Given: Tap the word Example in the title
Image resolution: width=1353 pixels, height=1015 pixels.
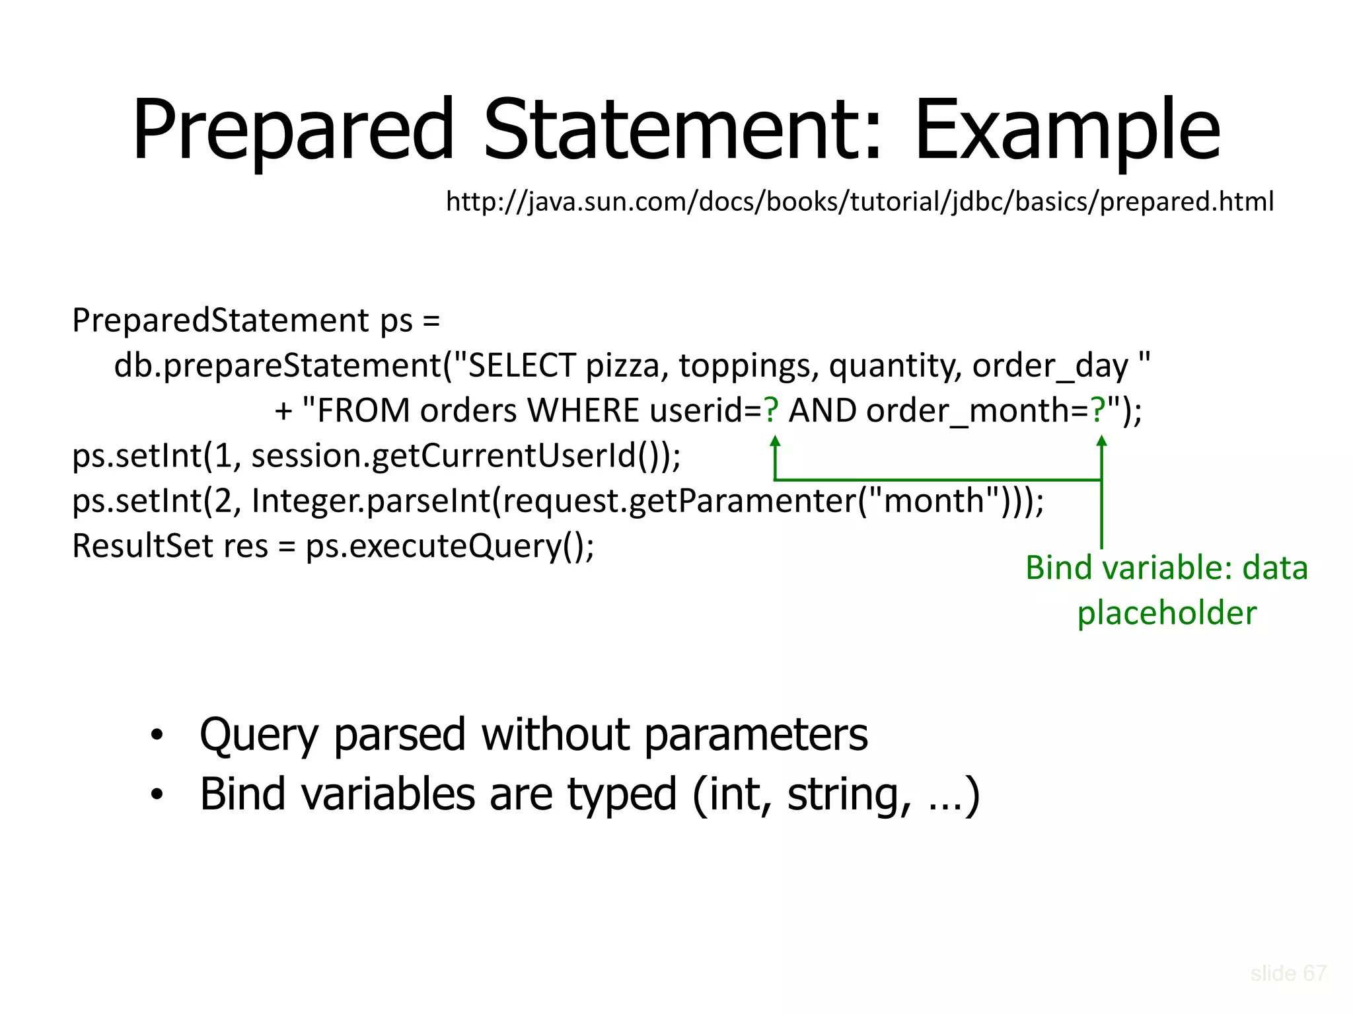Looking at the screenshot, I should pyautogui.click(x=1067, y=130).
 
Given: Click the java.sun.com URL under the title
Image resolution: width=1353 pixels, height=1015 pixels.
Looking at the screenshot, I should pyautogui.click(x=859, y=201).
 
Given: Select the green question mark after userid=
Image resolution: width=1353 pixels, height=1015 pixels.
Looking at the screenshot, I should pyautogui.click(x=771, y=410).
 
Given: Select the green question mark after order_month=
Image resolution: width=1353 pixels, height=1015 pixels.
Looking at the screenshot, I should pyautogui.click(x=1098, y=410).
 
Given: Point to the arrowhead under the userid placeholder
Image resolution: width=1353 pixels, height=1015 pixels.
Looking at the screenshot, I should pyautogui.click(x=776, y=441).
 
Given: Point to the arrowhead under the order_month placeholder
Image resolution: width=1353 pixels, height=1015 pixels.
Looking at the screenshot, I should pyautogui.click(x=1101, y=441).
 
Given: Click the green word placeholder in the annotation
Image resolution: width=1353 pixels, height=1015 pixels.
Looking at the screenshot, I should pyautogui.click(x=1167, y=613).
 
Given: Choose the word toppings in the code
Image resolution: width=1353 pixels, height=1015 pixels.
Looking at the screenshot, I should pyautogui.click(x=749, y=365).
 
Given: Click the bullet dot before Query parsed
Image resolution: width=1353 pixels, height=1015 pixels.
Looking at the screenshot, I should pyautogui.click(x=157, y=735).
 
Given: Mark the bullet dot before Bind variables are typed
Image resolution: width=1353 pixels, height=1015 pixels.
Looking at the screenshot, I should pyautogui.click(x=157, y=794).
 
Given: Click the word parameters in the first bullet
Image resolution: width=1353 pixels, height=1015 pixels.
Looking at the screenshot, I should pyautogui.click(x=755, y=735).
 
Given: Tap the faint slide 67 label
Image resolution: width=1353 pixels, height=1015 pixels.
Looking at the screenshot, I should pyautogui.click(x=1288, y=973).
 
